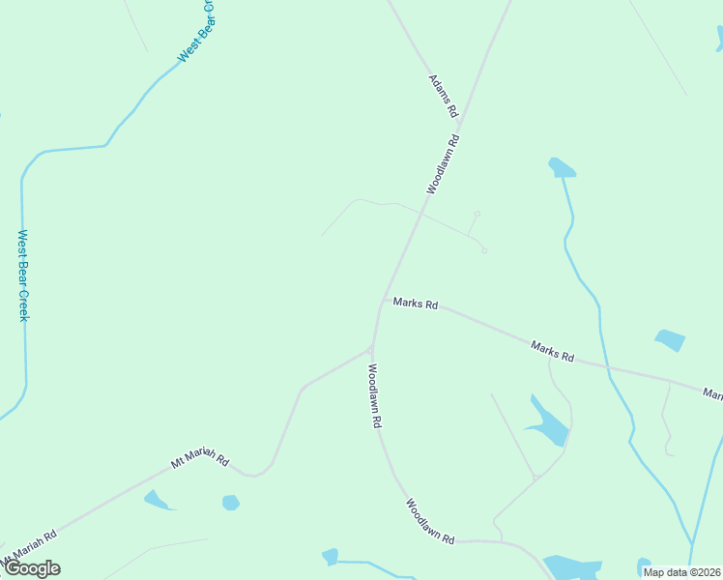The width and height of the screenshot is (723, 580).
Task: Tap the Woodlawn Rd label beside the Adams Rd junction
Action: pyautogui.click(x=442, y=164)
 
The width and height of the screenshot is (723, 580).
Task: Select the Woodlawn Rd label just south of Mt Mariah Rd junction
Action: pyautogui.click(x=374, y=395)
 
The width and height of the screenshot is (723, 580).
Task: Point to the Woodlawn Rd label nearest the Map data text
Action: pyautogui.click(x=430, y=522)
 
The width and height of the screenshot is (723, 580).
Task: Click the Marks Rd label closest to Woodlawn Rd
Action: pyautogui.click(x=417, y=304)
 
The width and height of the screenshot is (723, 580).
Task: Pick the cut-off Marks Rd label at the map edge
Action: pyautogui.click(x=713, y=393)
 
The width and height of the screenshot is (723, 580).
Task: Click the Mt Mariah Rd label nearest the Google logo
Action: pyautogui.click(x=29, y=547)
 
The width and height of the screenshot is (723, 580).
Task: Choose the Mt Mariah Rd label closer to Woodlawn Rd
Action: pyautogui.click(x=199, y=462)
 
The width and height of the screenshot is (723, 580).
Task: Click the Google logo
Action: pyautogui.click(x=32, y=568)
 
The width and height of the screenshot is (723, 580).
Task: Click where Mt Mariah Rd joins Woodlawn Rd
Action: pyautogui.click(x=370, y=350)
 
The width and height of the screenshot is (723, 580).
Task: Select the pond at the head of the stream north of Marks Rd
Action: pyautogui.click(x=561, y=168)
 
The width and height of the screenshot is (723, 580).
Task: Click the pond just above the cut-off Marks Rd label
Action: pyautogui.click(x=670, y=340)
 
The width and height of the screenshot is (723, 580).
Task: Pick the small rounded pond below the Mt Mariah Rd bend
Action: pyautogui.click(x=230, y=503)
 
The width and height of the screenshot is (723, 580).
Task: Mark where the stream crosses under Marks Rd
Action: pyautogui.click(x=605, y=365)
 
